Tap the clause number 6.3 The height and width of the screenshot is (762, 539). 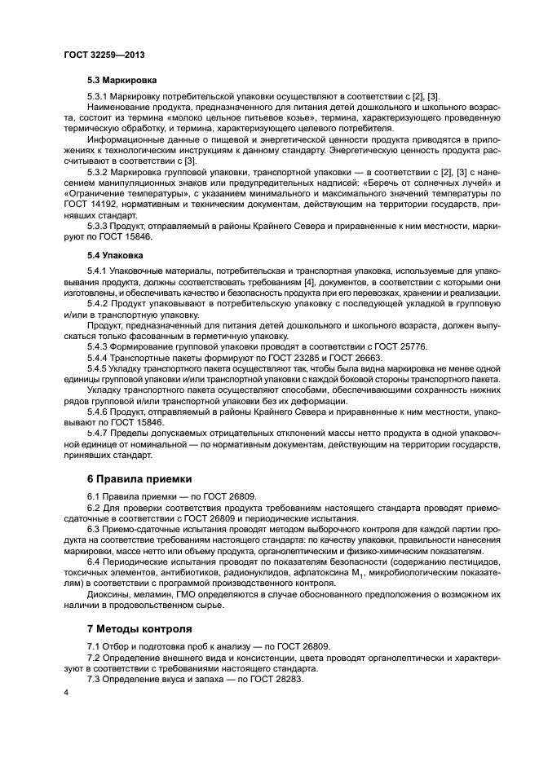click(x=95, y=528)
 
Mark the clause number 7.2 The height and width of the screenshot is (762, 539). click(x=95, y=657)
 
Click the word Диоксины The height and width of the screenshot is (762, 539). click(x=107, y=594)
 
